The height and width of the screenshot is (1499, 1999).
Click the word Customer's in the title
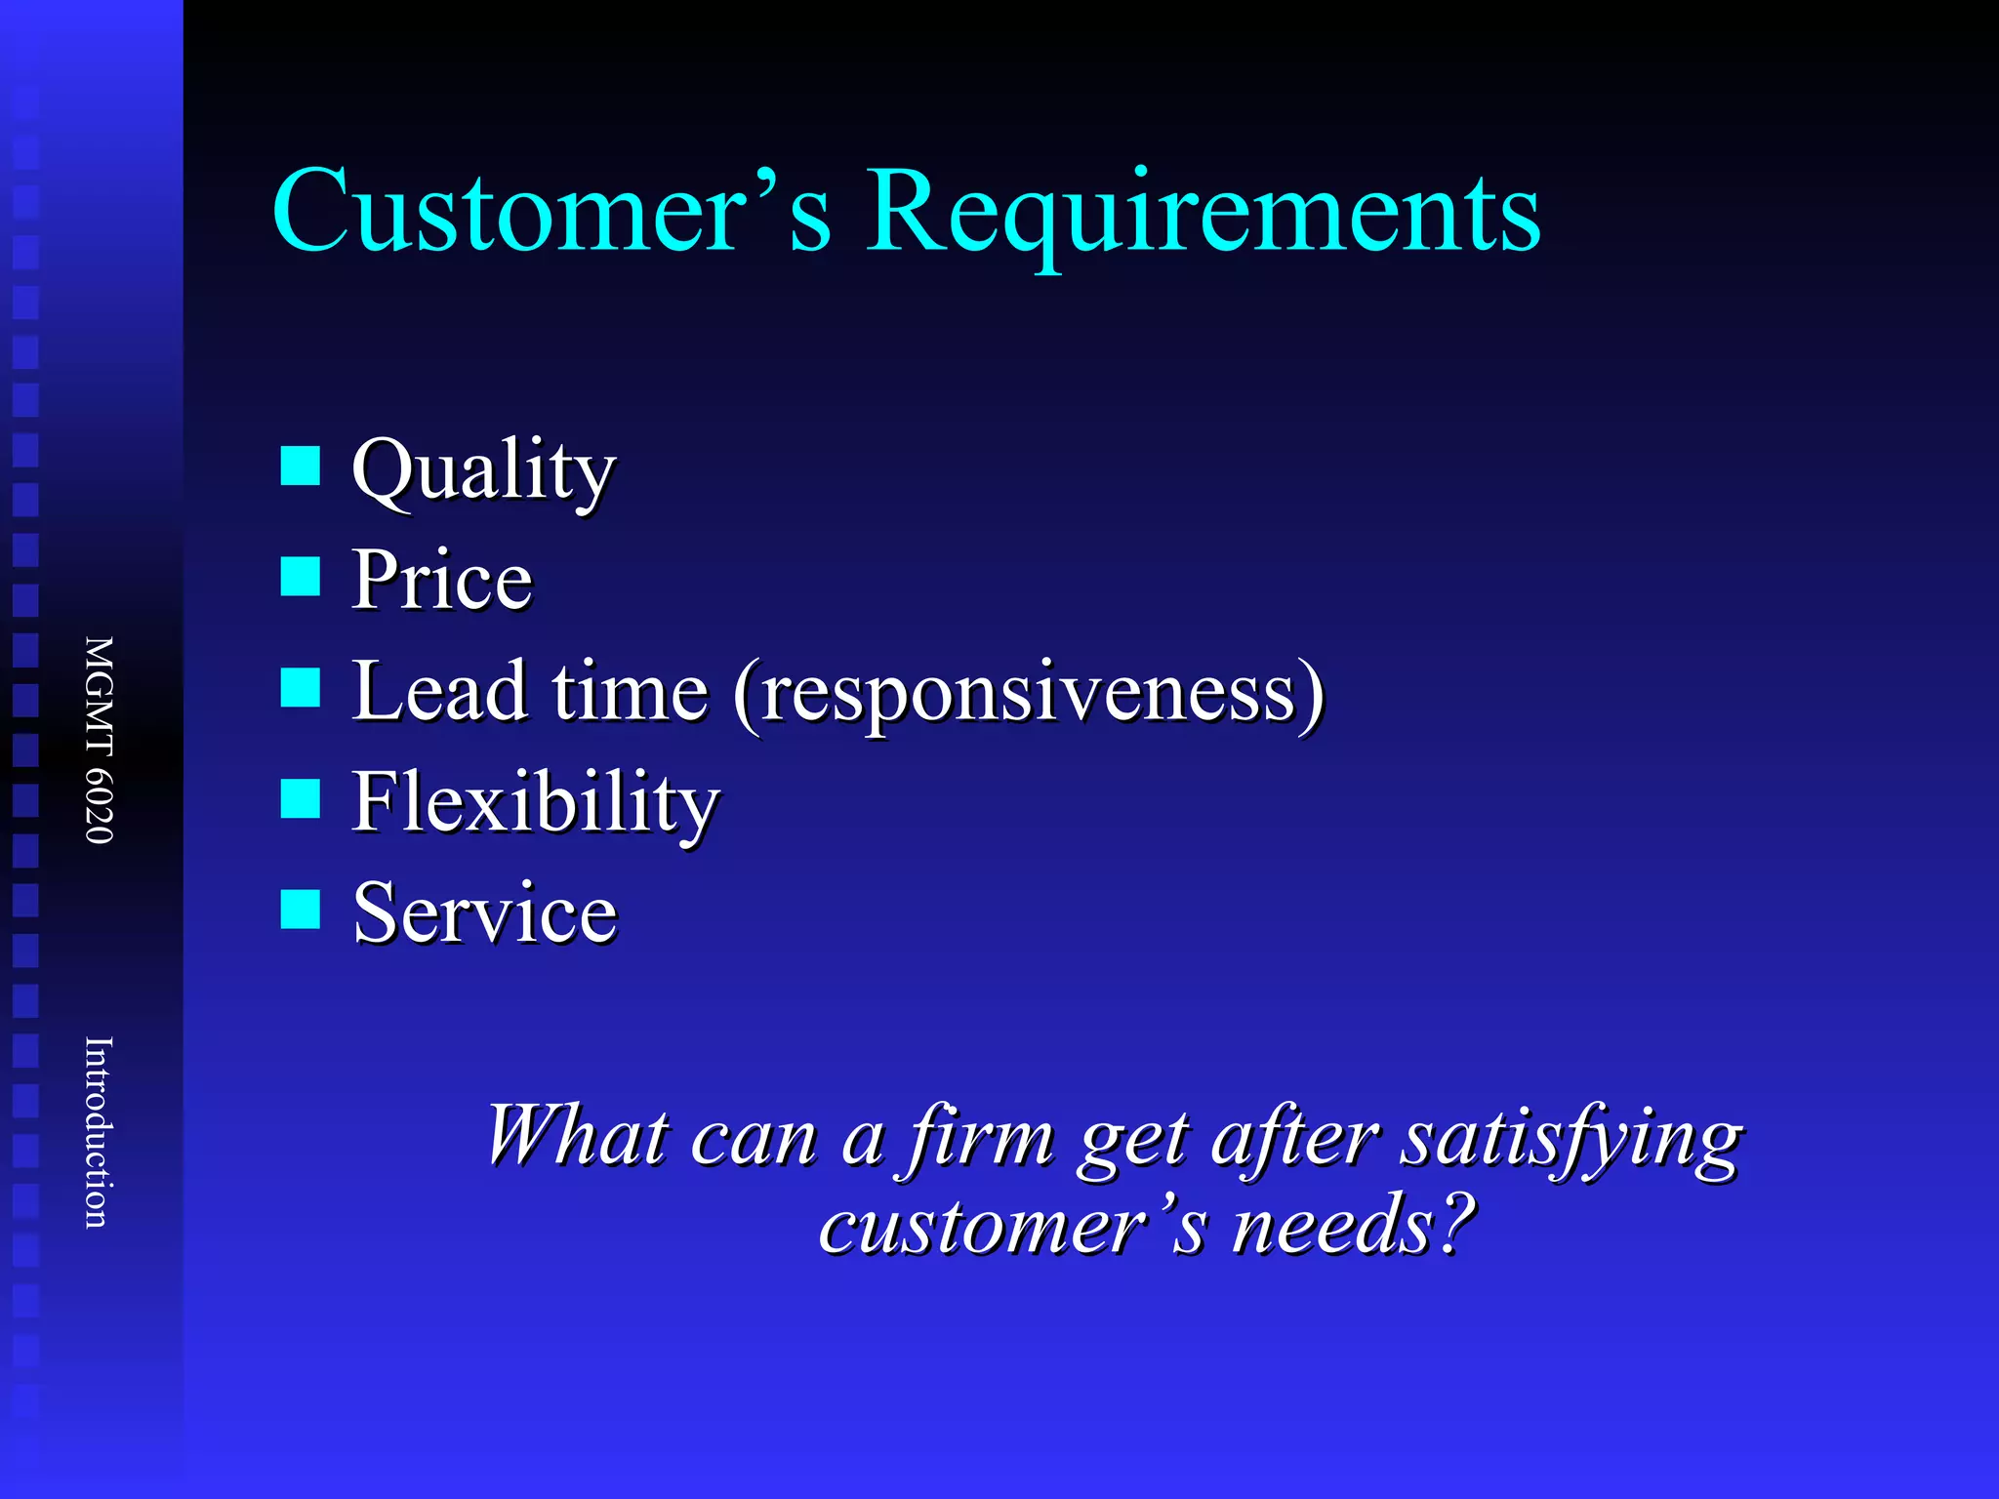coord(551,210)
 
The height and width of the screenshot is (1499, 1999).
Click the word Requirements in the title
coord(1203,213)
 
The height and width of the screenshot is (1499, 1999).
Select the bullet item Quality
coord(483,471)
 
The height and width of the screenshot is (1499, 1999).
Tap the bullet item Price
coord(441,580)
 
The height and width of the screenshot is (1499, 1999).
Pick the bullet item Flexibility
coord(535,802)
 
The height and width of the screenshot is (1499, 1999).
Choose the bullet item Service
coord(485,912)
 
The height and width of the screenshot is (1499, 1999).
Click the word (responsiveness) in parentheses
coord(1030,693)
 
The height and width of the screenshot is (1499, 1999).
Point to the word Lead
coord(440,691)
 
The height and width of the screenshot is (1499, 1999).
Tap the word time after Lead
coord(630,691)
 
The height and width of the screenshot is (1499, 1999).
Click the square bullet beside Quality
coord(300,466)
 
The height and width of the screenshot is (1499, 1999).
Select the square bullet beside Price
coord(300,576)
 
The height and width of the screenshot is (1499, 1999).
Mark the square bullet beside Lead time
coord(300,687)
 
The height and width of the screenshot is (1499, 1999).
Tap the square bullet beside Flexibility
coord(300,797)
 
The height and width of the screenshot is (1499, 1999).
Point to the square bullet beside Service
coord(300,909)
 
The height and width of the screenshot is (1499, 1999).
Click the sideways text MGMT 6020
coord(99,740)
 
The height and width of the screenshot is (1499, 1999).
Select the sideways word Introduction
coord(99,1132)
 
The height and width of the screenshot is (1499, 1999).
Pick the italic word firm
coord(981,1138)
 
